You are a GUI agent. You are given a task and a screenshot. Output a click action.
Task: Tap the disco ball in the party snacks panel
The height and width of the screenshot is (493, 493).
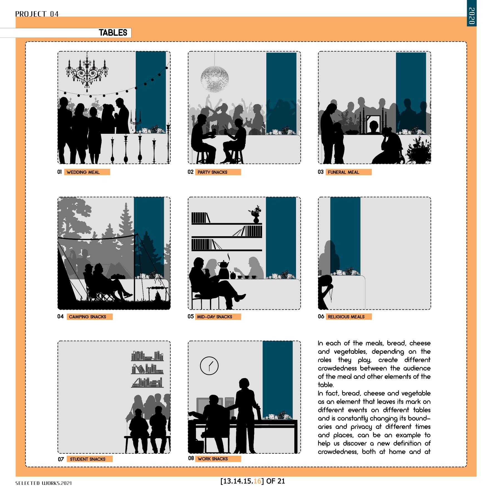click(215, 79)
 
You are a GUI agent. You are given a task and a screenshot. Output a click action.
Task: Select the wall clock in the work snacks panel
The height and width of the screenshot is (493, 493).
click(209, 366)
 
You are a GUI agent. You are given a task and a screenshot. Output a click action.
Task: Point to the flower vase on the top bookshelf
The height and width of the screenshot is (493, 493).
click(256, 215)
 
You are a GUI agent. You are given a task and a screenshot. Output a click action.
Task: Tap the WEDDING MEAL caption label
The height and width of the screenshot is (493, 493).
click(87, 172)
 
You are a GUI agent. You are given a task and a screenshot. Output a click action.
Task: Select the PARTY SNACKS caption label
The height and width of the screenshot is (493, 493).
click(218, 172)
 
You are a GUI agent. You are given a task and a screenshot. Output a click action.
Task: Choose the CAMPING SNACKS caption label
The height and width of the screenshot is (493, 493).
click(90, 317)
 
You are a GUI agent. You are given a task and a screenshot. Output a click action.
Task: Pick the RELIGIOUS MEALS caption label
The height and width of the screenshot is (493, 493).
click(349, 317)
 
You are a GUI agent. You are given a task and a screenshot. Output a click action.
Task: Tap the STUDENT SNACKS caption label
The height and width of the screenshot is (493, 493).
click(90, 459)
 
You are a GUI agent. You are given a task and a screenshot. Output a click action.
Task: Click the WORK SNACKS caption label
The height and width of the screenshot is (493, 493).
click(218, 459)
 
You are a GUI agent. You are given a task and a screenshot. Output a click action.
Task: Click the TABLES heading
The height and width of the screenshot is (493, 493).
click(113, 33)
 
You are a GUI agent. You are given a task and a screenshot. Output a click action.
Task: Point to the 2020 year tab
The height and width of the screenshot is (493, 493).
click(472, 16)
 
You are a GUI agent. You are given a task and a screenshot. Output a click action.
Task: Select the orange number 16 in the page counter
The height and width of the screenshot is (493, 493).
click(257, 481)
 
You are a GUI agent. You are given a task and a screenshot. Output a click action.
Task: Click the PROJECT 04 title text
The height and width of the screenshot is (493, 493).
click(37, 14)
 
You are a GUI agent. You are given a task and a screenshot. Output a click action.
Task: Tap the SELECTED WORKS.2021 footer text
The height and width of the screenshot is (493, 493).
click(43, 483)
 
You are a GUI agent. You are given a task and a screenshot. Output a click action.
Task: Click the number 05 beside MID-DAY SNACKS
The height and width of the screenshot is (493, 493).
click(191, 316)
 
